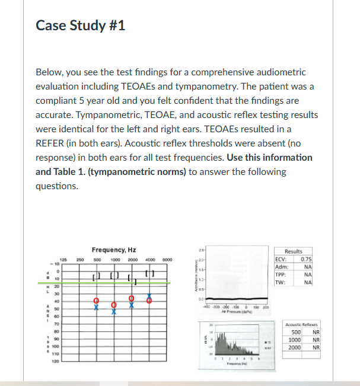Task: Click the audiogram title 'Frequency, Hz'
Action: [x=114, y=250]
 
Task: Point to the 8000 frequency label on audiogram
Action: [x=168, y=260]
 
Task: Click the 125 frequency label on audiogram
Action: [x=61, y=260]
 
